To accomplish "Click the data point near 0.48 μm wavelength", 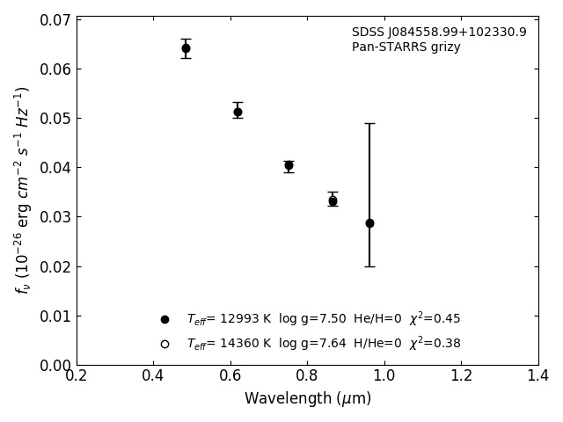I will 186,48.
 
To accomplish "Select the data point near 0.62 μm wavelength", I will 238,112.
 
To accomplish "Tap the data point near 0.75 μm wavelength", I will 289,165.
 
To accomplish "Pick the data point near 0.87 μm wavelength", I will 333,201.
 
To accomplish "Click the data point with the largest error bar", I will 369,223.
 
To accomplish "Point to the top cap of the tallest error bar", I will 369,123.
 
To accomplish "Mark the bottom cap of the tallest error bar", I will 369,266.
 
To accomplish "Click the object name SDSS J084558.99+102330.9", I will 439,33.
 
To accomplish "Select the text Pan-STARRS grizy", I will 406,47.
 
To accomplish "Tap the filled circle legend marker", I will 165,319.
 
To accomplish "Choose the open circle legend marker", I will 165,344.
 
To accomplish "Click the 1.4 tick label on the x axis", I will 538,376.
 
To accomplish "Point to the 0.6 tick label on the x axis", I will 230,376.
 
